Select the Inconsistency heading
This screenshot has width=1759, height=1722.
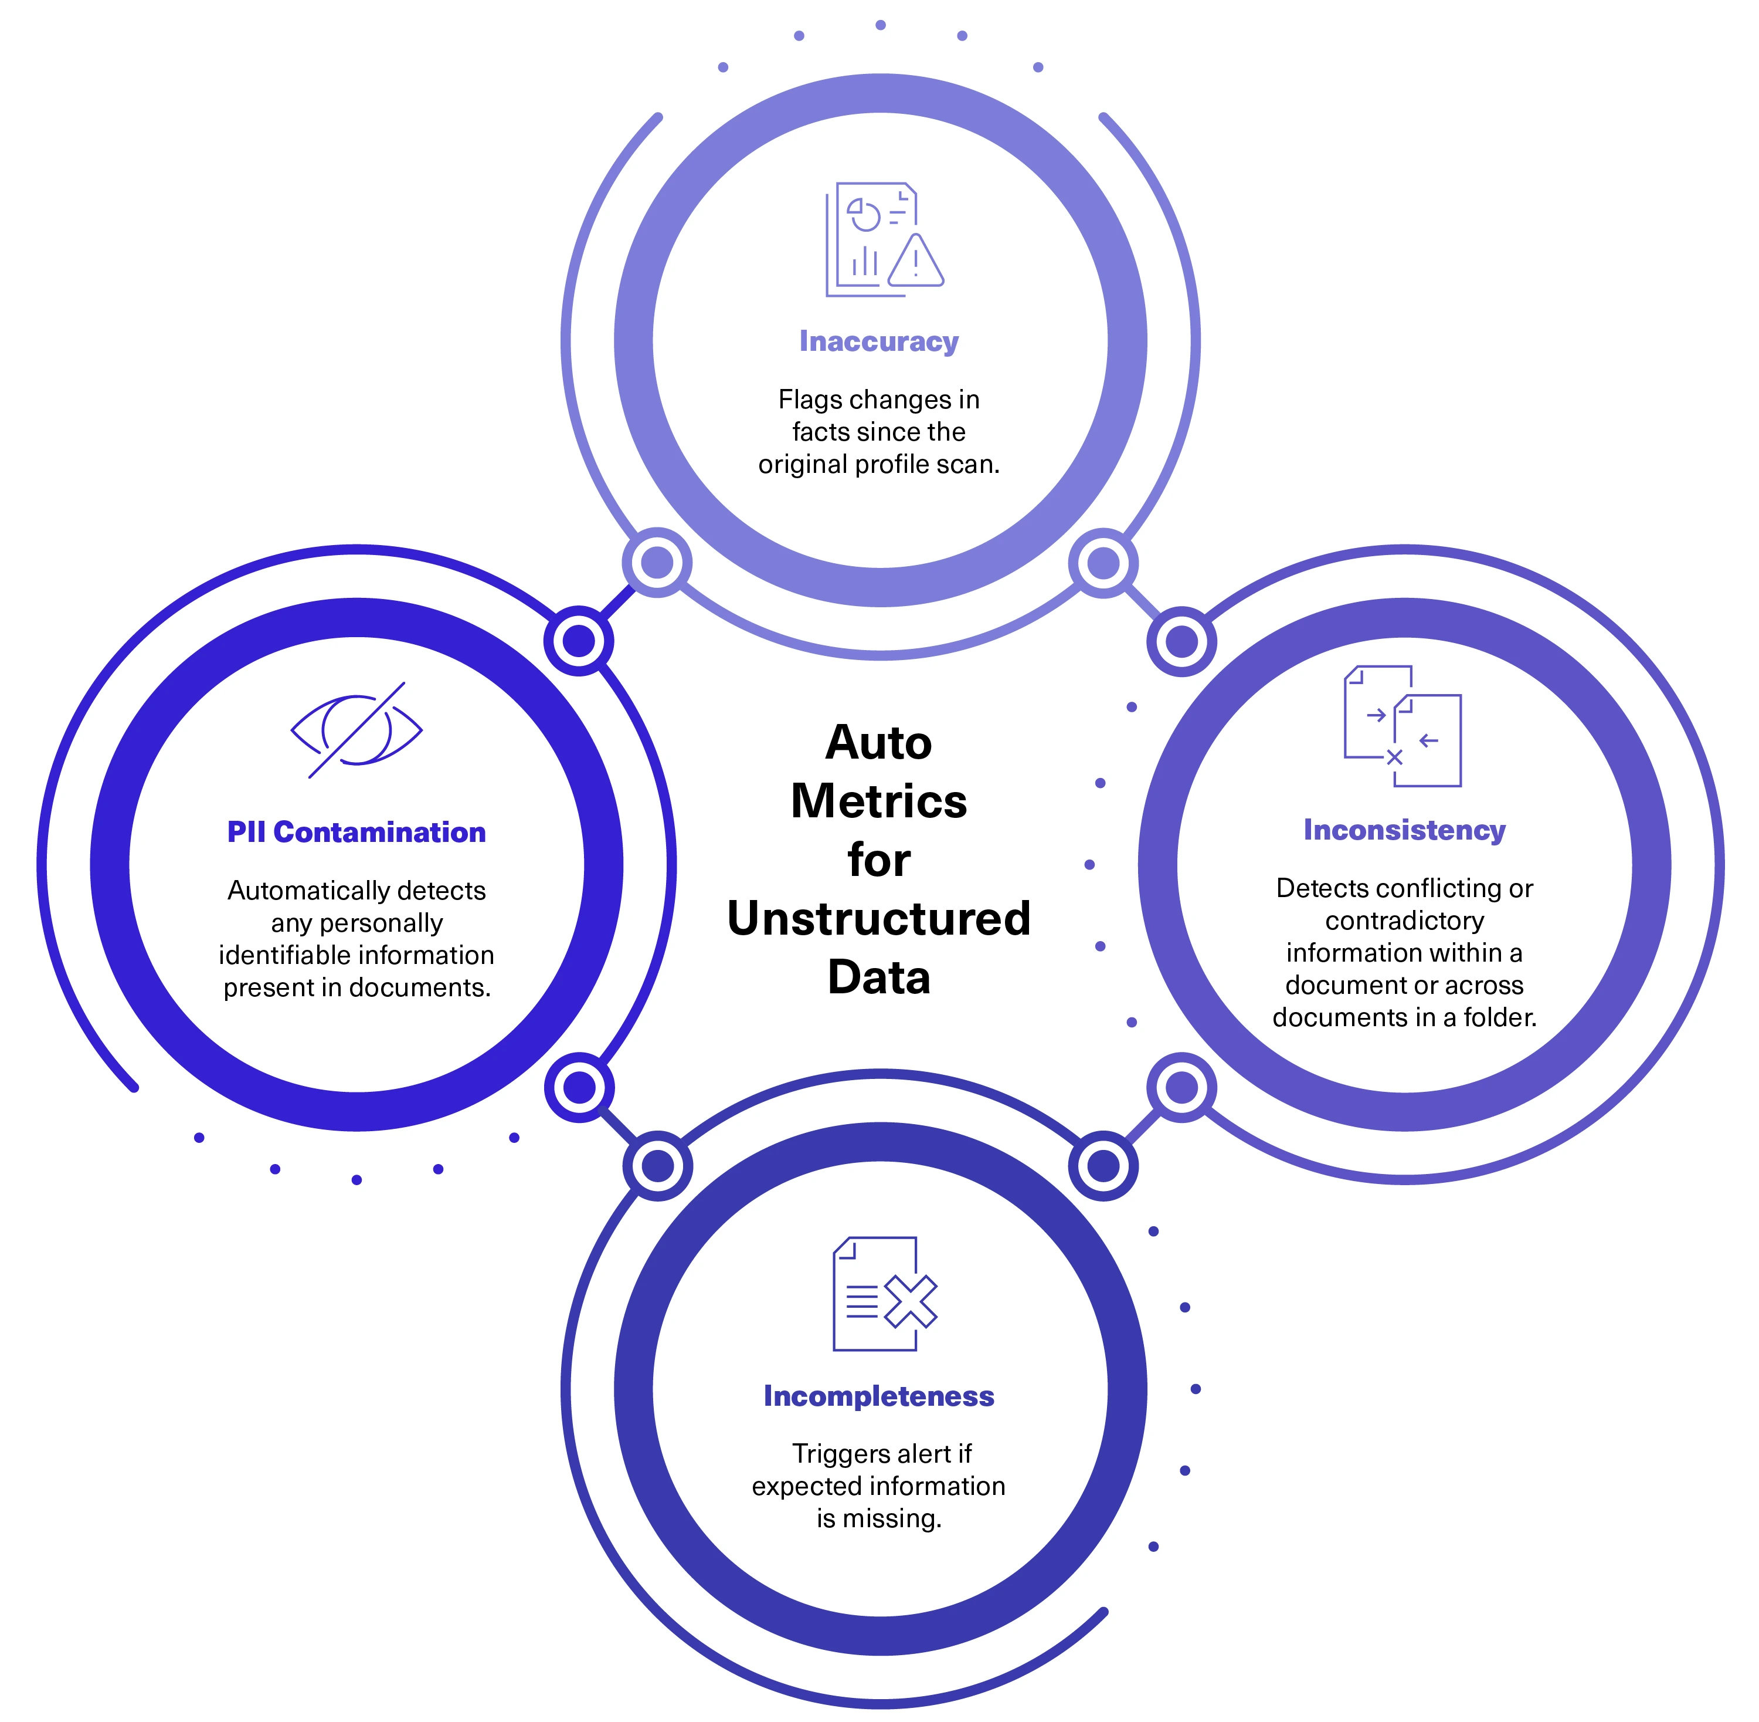click(1404, 830)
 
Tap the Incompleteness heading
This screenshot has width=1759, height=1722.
click(878, 1396)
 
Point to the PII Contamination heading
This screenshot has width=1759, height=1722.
click(356, 832)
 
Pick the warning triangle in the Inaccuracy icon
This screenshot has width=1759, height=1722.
click(916, 262)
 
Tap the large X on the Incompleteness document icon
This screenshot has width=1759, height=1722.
click(910, 1303)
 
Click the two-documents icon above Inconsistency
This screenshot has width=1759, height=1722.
click(1402, 726)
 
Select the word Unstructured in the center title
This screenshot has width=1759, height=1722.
click(878, 918)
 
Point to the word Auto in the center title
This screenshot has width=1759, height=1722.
click(878, 743)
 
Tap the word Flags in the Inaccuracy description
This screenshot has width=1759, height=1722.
click(807, 400)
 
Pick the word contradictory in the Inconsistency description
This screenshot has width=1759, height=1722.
click(1404, 921)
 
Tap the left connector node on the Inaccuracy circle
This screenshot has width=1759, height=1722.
click(657, 563)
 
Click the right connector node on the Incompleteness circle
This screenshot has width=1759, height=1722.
click(1103, 1166)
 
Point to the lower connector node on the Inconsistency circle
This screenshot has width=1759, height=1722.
click(1181, 1088)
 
